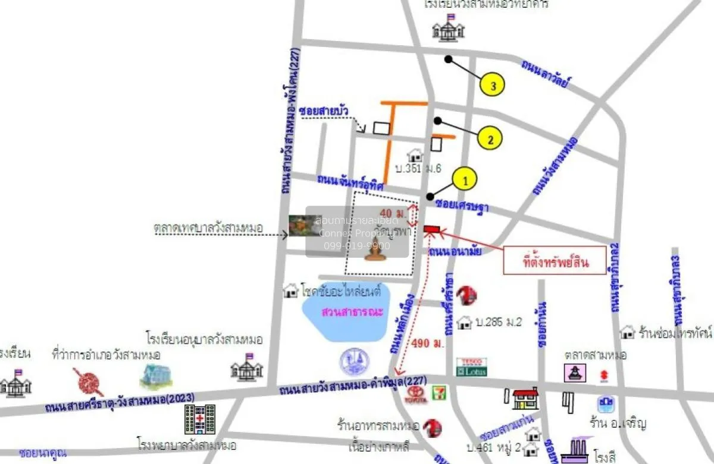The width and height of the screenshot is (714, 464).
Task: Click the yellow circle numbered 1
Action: coord(465,178)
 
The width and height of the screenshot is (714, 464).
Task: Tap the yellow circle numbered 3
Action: coord(493,86)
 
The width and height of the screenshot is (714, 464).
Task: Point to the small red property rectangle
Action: coord(431,229)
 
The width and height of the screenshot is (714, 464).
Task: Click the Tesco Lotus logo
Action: coord(471,367)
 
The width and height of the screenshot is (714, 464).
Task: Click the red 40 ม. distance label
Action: coord(393,213)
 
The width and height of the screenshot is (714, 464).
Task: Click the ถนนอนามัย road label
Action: coord(454,252)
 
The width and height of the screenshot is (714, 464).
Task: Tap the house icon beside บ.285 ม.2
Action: coord(464,323)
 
